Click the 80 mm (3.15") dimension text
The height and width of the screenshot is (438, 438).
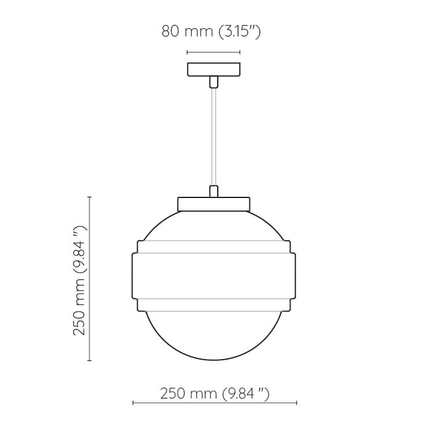[211, 31]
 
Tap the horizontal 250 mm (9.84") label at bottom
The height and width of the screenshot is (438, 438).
[215, 393]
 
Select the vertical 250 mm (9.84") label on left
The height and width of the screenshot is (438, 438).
[80, 279]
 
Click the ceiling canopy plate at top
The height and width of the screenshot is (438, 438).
[213, 69]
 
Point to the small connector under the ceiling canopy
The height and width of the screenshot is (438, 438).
[213, 81]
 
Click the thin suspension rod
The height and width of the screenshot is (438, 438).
[213, 136]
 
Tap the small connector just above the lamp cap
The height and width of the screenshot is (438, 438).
[213, 191]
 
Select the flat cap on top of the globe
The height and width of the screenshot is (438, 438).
[213, 204]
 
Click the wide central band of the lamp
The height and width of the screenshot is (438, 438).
[213, 275]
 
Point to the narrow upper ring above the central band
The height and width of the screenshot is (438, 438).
[213, 246]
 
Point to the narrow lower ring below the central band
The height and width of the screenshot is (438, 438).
[213, 304]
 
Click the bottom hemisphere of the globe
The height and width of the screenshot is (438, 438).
[213, 336]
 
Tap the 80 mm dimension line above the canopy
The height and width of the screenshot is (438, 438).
[213, 52]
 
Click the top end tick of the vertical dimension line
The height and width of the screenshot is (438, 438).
[90, 197]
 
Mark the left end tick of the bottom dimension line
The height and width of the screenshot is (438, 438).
[133, 403]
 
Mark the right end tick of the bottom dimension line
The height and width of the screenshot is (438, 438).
[296, 403]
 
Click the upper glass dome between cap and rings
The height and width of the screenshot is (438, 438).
[213, 226]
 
